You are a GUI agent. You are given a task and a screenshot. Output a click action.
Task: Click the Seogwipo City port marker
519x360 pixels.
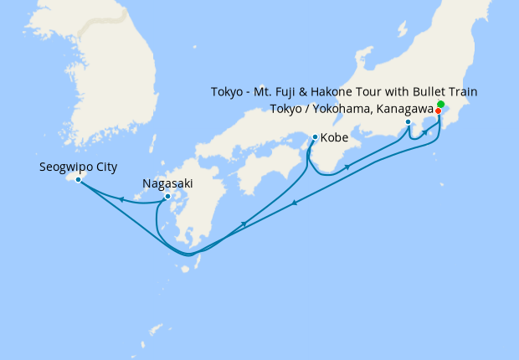click(78, 180)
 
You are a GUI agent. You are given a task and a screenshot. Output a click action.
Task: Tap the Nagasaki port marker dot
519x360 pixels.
click(167, 197)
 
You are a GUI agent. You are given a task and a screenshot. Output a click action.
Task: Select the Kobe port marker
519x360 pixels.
click(315, 137)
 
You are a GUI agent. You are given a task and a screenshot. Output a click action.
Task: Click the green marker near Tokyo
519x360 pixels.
click(440, 104)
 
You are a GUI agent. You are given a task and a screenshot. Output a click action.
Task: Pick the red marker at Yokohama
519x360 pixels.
click(438, 111)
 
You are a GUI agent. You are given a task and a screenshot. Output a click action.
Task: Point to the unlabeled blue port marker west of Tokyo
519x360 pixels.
click(409, 123)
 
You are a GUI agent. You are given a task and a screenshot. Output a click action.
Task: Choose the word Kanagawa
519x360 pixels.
click(405, 109)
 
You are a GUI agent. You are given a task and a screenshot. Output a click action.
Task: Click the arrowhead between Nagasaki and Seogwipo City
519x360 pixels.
click(122, 199)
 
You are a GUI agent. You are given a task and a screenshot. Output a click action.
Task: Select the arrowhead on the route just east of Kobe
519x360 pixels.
click(347, 167)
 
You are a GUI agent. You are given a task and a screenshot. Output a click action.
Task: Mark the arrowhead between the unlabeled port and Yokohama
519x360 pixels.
click(425, 133)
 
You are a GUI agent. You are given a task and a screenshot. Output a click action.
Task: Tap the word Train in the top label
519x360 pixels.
click(461, 91)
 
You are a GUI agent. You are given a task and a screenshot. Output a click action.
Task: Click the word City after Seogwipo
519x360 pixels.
click(105, 167)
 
